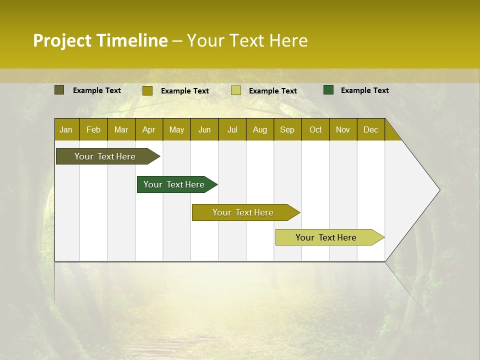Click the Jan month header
(66, 129)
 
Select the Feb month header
(93, 129)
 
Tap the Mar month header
(121, 129)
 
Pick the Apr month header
(149, 129)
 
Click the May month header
(176, 129)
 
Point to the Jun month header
(204, 129)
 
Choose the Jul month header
(232, 129)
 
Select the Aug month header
(260, 129)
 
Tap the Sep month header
(287, 129)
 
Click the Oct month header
(315, 129)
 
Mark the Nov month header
(343, 129)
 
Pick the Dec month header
(371, 129)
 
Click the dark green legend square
(328, 90)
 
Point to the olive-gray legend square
(59, 90)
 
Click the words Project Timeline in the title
(100, 40)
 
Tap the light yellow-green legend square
(236, 90)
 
